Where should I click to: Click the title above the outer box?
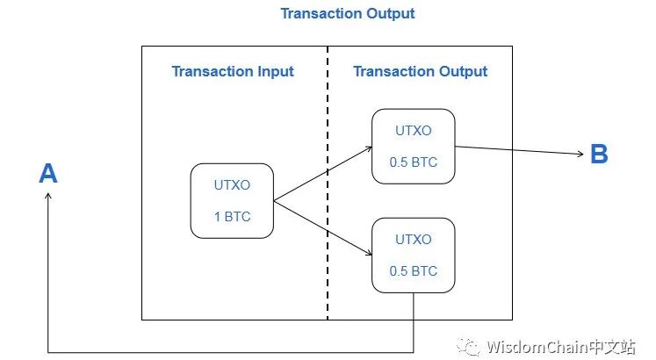[x=347, y=13]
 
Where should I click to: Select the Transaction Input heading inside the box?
[x=233, y=71]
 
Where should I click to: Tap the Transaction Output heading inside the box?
[x=420, y=71]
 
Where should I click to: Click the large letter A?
[x=48, y=174]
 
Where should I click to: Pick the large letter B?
[x=599, y=155]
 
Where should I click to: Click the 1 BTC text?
[x=232, y=216]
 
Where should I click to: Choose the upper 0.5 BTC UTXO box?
[x=413, y=146]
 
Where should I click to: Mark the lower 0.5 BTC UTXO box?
[x=413, y=255]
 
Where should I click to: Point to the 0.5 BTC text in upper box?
[x=413, y=162]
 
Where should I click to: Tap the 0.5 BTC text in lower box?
[x=413, y=270]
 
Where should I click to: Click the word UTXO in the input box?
[x=232, y=185]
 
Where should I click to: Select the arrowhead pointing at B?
[x=580, y=155]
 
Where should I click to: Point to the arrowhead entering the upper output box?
[x=368, y=149]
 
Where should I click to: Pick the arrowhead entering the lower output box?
[x=368, y=256]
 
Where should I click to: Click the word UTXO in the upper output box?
[x=413, y=131]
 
